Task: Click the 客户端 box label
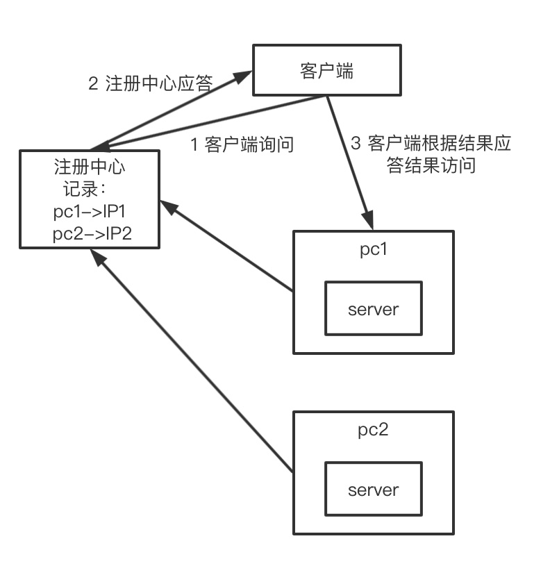(x=326, y=71)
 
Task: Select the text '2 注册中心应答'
(x=150, y=84)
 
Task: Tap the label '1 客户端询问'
(x=242, y=144)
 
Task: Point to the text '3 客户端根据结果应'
(x=431, y=144)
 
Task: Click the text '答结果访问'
(x=431, y=166)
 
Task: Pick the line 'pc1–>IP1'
(x=88, y=212)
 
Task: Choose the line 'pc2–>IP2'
(x=88, y=235)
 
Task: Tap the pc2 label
(x=373, y=429)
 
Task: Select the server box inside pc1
(x=373, y=308)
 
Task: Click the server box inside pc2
(x=373, y=490)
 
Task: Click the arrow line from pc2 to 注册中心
(x=194, y=361)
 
